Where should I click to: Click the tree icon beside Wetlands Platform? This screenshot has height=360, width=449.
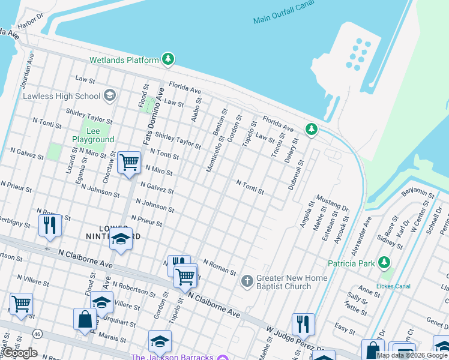pyautogui.click(x=169, y=59)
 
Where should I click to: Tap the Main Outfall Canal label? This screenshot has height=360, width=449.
pyautogui.click(x=284, y=19)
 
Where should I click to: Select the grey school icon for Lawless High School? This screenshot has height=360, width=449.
pyautogui.click(x=109, y=95)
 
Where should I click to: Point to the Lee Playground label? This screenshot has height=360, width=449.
pyautogui.click(x=93, y=135)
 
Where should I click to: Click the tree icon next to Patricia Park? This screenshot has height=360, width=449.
pyautogui.click(x=384, y=263)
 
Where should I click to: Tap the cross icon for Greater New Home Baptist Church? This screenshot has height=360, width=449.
pyautogui.click(x=247, y=281)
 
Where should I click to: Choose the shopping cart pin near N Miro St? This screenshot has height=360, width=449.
pyautogui.click(x=130, y=163)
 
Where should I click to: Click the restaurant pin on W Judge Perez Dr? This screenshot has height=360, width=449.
pyautogui.click(x=303, y=324)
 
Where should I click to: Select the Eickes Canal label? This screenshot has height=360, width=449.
pyautogui.click(x=393, y=286)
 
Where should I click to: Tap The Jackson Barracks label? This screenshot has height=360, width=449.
pyautogui.click(x=172, y=357)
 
